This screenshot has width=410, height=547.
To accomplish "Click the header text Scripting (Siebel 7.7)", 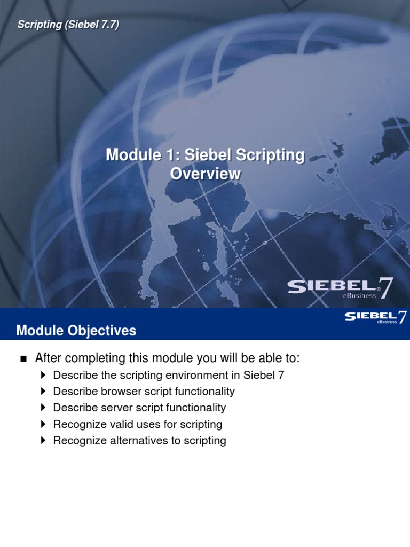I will click(68, 25).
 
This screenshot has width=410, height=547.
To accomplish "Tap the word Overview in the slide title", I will click(205, 174).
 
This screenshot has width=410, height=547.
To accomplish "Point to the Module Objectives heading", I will click(76, 331).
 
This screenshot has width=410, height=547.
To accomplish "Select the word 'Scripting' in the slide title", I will click(272, 155).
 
